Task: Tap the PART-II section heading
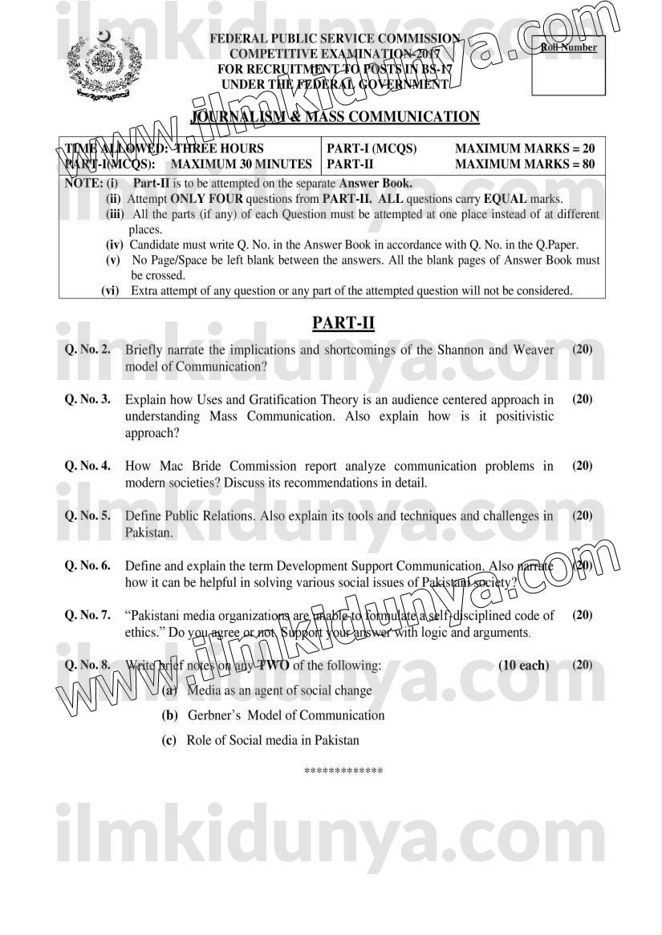(x=343, y=322)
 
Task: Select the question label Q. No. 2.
(x=87, y=350)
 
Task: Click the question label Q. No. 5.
(x=87, y=516)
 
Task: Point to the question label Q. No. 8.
(x=87, y=665)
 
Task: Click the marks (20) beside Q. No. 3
(x=583, y=399)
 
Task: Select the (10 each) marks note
(x=523, y=666)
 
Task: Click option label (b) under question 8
(x=169, y=715)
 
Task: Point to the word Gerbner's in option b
(x=214, y=715)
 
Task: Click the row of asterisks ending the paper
(x=343, y=771)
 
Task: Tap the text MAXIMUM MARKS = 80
(x=525, y=164)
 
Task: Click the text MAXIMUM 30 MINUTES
(x=242, y=164)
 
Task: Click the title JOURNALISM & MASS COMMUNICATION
(x=335, y=117)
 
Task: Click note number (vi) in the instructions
(x=111, y=291)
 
